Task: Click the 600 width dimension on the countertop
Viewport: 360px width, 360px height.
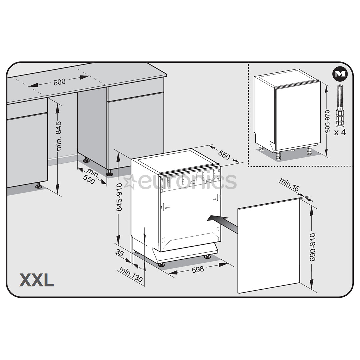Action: point(59,81)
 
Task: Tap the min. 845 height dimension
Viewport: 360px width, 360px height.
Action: point(59,136)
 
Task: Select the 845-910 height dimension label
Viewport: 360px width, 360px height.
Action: point(119,197)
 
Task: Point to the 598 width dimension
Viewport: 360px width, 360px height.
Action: point(198,269)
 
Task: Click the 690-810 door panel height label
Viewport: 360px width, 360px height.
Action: point(312,247)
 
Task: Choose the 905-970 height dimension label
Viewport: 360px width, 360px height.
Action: point(327,121)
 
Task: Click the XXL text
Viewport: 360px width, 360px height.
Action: point(37,280)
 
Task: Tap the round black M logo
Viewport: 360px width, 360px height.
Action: point(340,74)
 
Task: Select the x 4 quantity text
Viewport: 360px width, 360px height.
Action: point(340,132)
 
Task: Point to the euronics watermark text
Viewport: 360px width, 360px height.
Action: point(187,181)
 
